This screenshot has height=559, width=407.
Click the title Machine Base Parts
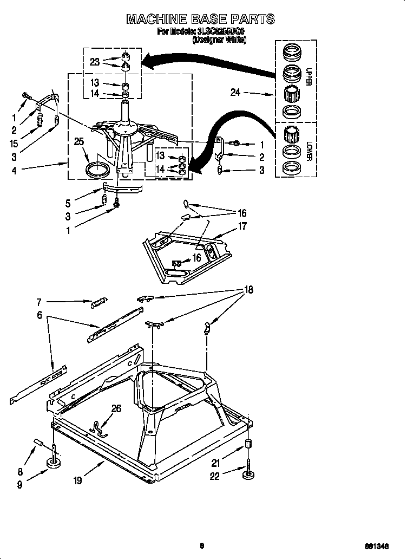[200, 19]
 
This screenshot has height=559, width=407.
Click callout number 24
[235, 93]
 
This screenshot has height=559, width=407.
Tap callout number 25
[79, 142]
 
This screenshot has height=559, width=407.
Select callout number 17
[242, 226]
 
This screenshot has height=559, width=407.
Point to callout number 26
[116, 408]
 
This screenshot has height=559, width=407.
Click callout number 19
[78, 480]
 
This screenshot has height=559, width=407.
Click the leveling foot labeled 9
[55, 464]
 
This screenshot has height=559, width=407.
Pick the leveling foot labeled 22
[249, 474]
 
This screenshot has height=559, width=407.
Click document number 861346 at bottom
[385, 547]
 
